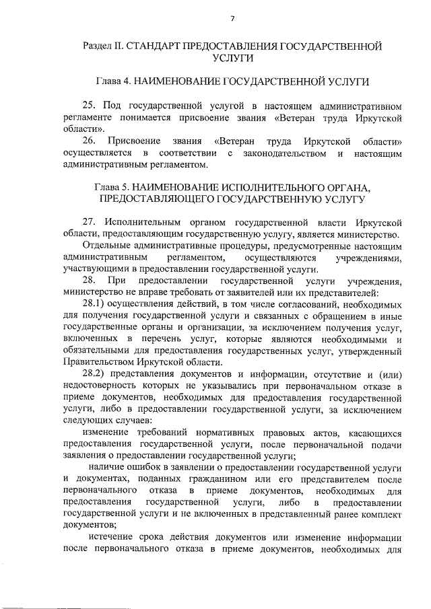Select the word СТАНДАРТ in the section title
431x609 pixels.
(164, 46)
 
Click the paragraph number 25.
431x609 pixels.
(90, 106)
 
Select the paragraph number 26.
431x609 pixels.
(90, 141)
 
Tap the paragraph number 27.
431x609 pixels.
(90, 222)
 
